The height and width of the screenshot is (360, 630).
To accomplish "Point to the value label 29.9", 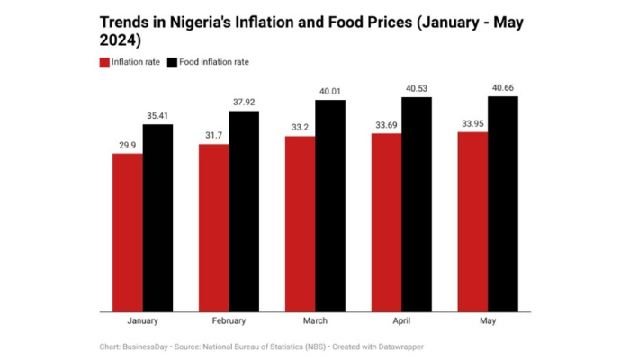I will tap(128, 145).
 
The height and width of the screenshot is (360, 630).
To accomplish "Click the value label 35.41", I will tap(157, 115).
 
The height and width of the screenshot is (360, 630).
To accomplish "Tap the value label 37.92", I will tap(244, 103).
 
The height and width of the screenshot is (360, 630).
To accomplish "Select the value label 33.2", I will tap(301, 128).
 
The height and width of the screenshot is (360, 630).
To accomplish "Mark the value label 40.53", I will tap(417, 88).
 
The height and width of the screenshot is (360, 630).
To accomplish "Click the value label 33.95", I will tap(473, 123).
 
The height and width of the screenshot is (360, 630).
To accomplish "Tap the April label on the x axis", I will tap(401, 321).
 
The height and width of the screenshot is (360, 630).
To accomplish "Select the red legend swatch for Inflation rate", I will tap(103, 62).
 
